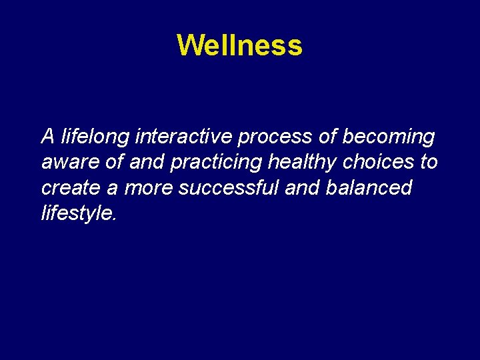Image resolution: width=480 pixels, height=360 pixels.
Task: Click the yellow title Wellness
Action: pos(240,45)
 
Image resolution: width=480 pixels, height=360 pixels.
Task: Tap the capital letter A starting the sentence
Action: pos(47,137)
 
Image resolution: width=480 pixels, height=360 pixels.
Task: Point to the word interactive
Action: pos(183,137)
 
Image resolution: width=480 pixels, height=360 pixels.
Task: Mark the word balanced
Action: pos(369,188)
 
